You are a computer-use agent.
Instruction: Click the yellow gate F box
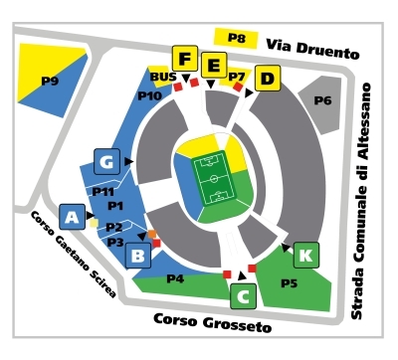pos(185,58)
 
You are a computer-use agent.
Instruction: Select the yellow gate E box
pos(212,66)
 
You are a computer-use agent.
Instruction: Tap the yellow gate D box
pos(266,79)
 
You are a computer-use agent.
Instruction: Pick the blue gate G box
pos(106,161)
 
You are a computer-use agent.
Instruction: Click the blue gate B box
pos(139,257)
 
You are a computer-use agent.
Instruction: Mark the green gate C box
pos(242,294)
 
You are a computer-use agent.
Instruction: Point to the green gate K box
pos(306,254)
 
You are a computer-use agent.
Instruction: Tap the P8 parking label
pos(236,39)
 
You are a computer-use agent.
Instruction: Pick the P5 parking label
pos(289,284)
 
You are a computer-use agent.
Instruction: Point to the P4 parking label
pos(175,277)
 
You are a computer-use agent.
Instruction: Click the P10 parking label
pos(149,95)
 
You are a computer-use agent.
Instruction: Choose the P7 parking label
pos(237,76)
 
